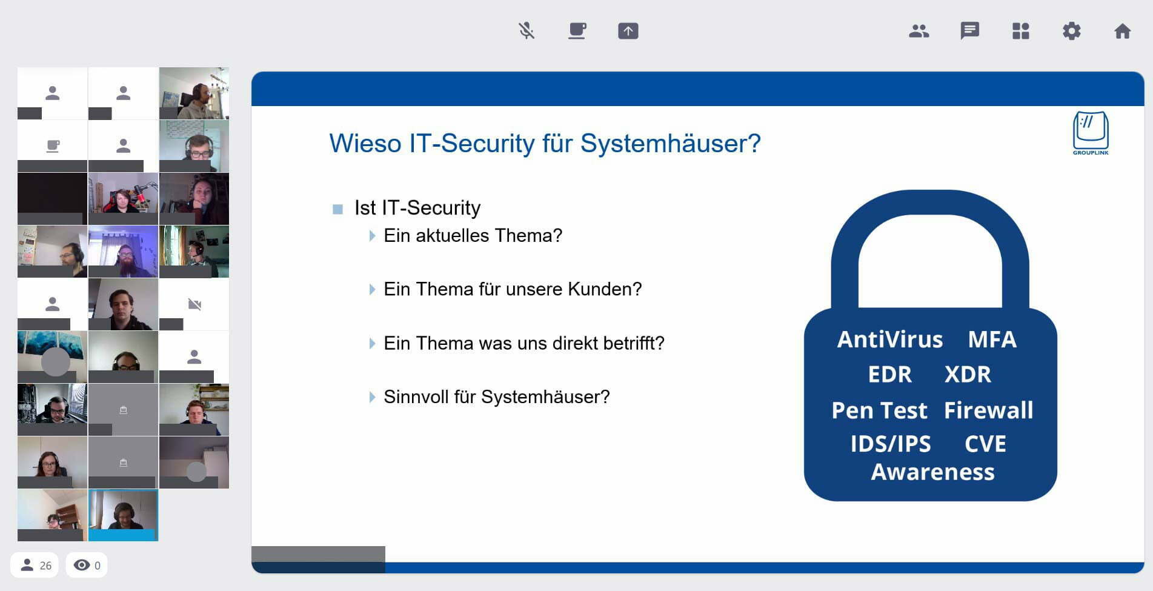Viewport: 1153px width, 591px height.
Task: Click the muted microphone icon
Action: (x=527, y=30)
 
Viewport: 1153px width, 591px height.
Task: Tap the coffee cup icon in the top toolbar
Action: (x=577, y=30)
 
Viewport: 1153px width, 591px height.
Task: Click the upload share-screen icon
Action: (x=628, y=31)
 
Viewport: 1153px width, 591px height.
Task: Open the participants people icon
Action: (x=919, y=31)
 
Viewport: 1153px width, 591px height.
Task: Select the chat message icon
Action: (x=970, y=31)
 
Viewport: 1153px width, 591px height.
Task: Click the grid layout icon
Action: (x=1021, y=31)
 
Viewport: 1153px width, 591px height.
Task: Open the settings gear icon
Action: (x=1072, y=31)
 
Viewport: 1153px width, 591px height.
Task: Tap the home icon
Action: (x=1123, y=31)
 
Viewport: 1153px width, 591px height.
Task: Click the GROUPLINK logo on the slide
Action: (x=1091, y=133)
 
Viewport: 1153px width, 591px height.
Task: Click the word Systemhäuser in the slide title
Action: (x=670, y=144)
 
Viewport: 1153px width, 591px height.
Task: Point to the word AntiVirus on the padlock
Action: (x=890, y=339)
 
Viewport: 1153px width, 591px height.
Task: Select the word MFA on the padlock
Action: (x=992, y=339)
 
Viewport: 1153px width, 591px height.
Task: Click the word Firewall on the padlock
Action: (x=989, y=410)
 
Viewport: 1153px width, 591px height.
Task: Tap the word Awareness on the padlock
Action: (x=933, y=472)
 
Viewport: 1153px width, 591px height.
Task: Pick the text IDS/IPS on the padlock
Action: (x=891, y=444)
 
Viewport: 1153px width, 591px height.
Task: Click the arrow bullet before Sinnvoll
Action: (x=372, y=397)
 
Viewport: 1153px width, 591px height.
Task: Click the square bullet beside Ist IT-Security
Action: (x=338, y=209)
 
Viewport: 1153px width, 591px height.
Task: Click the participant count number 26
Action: (x=45, y=566)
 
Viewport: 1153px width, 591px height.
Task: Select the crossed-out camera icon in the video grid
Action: (x=194, y=304)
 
